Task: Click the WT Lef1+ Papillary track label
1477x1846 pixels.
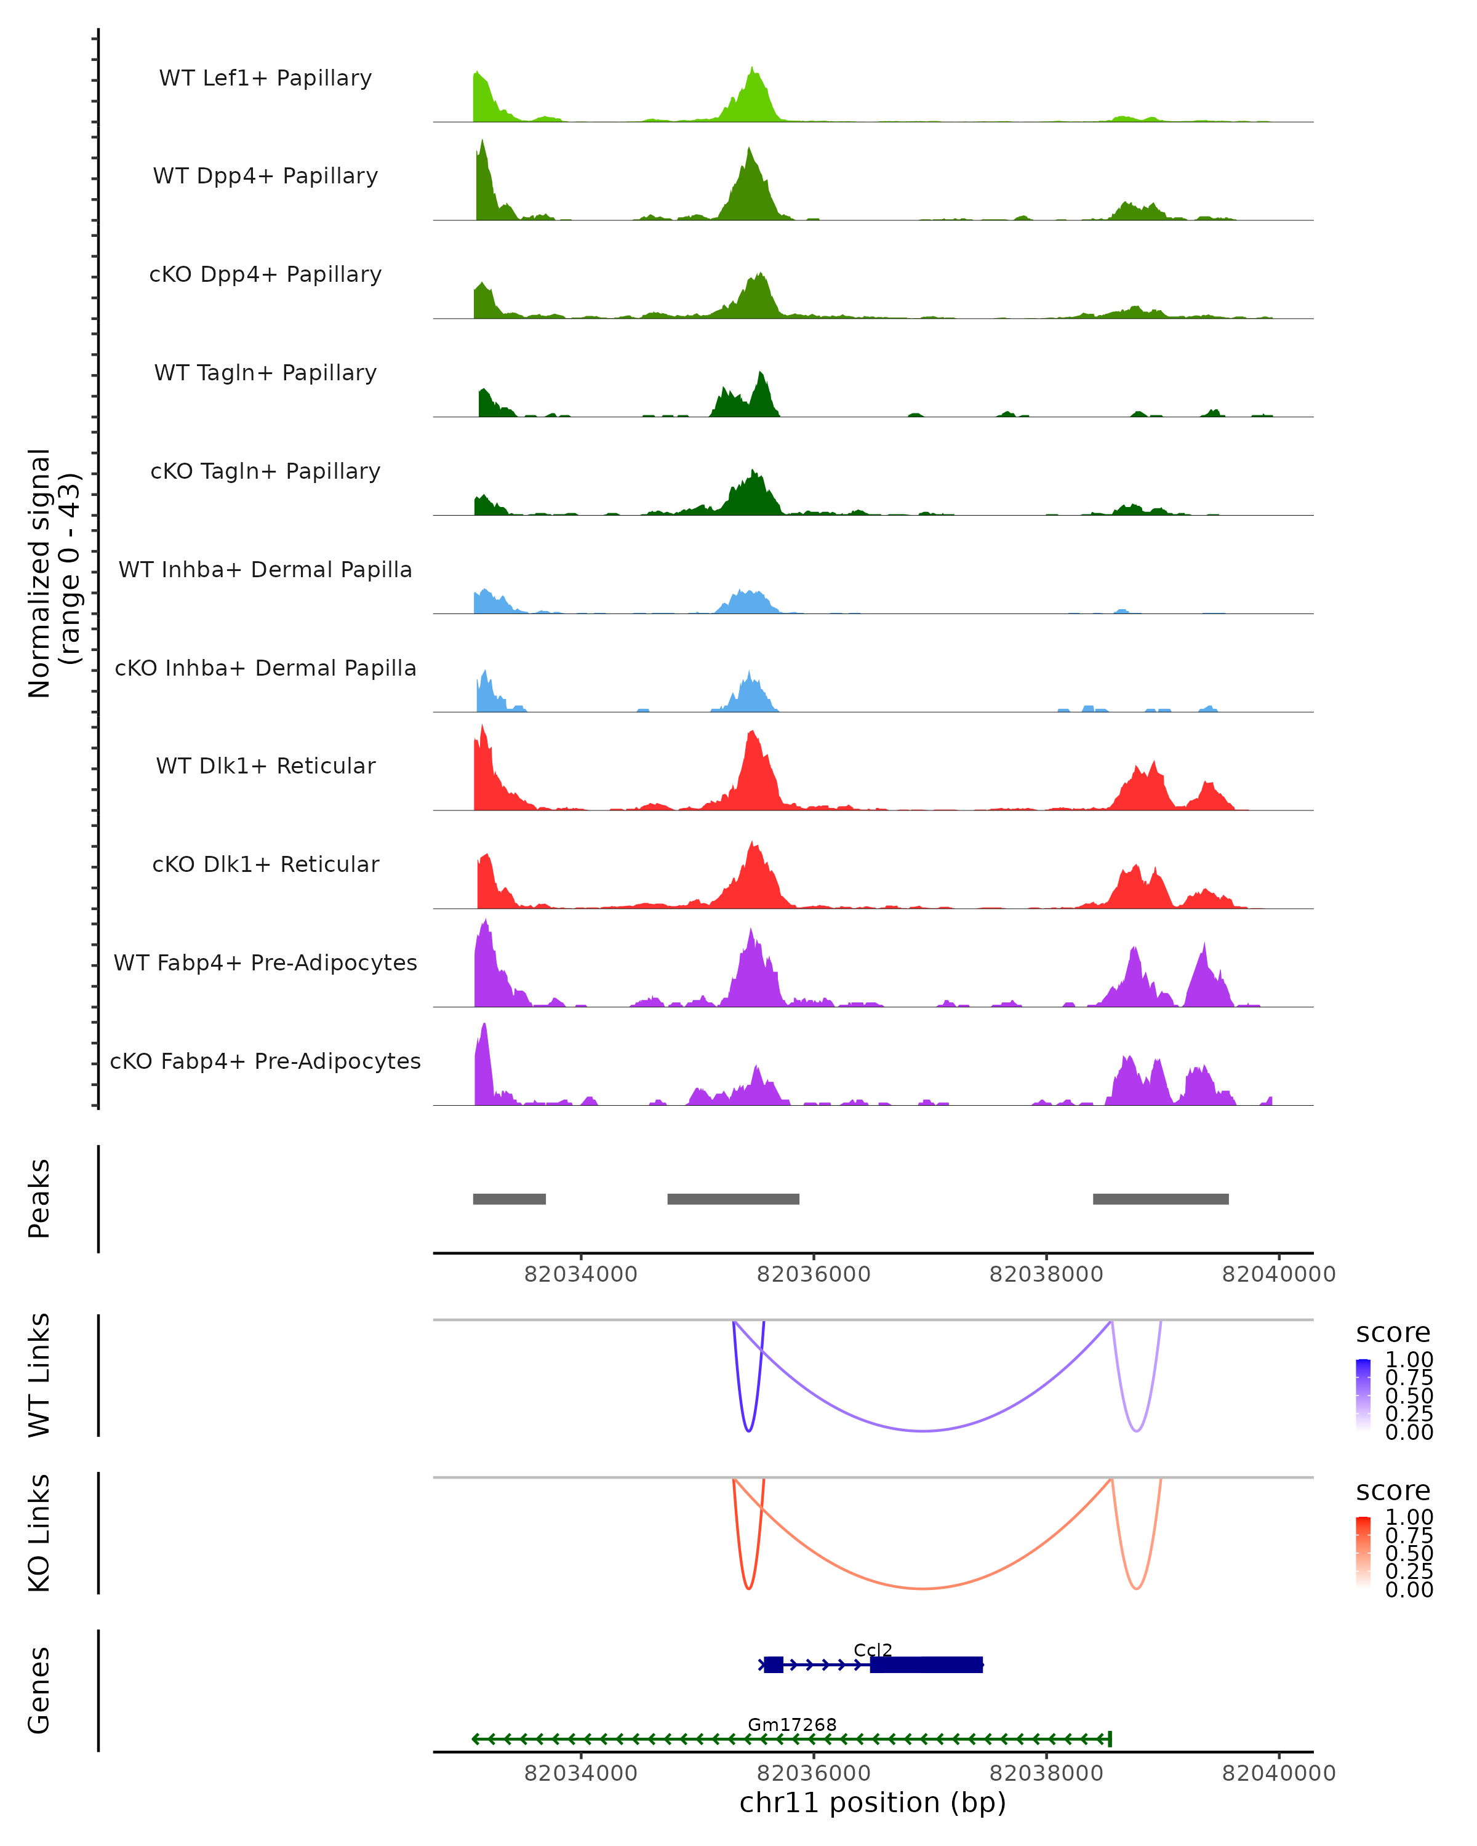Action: (265, 78)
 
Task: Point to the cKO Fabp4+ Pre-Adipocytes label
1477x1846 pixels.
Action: (265, 1061)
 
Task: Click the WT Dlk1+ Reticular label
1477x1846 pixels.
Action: (265, 765)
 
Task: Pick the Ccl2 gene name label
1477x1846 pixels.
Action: (873, 1650)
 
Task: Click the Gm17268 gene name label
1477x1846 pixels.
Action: (792, 1724)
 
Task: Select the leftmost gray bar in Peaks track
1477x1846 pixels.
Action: (510, 1199)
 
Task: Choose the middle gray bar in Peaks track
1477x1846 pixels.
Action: (733, 1199)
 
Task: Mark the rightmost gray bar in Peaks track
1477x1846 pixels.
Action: (1160, 1199)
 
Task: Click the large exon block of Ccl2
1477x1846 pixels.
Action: (926, 1664)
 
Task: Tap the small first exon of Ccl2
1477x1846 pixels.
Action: (773, 1664)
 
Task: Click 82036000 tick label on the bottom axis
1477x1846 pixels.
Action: (814, 1773)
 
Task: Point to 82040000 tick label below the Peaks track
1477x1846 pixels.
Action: (1278, 1274)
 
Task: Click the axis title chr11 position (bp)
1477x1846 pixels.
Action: (873, 1803)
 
